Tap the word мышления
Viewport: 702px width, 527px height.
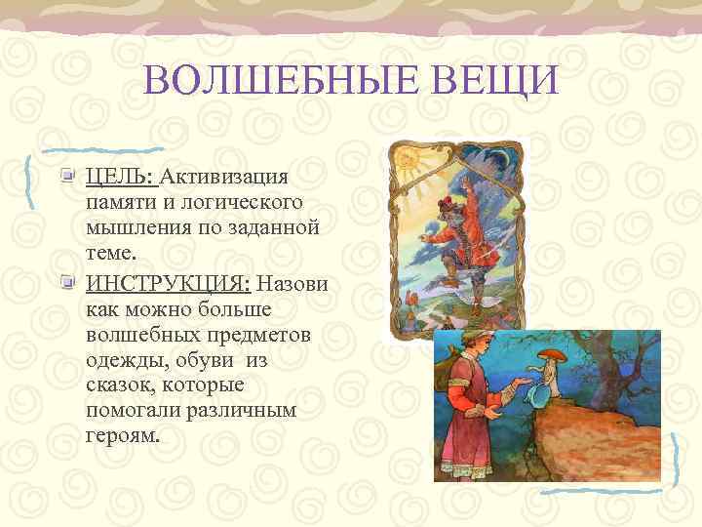(141, 227)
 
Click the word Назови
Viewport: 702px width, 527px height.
(292, 284)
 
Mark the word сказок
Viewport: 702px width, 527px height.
(117, 385)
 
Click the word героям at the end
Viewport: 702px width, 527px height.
(120, 436)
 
